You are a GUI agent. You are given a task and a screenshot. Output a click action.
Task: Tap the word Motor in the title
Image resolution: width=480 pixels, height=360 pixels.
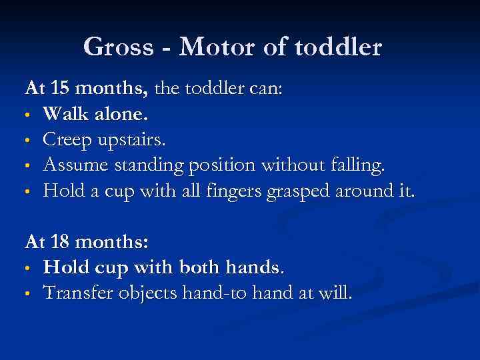coord(213,48)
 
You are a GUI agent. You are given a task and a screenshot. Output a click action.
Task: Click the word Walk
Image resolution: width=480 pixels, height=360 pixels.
coord(65,114)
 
